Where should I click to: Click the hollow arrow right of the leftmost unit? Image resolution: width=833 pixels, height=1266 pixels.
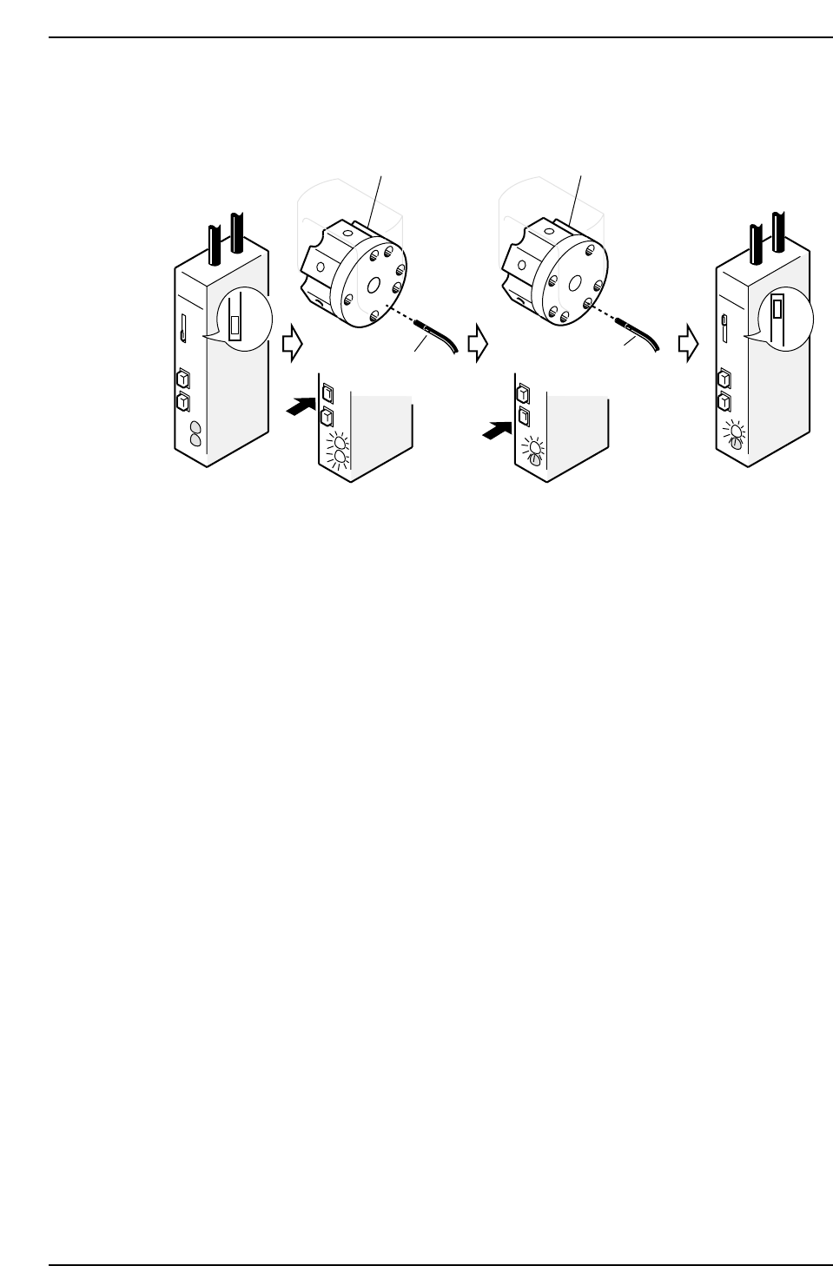click(292, 344)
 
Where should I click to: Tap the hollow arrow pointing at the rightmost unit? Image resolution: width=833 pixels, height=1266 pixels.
click(688, 344)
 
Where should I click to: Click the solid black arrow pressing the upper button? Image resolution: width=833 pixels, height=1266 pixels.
click(301, 406)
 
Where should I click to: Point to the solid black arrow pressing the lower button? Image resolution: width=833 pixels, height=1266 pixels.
click(497, 427)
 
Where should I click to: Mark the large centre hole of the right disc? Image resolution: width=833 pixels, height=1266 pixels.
click(574, 282)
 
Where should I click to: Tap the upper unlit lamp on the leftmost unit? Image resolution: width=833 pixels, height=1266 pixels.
click(195, 427)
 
